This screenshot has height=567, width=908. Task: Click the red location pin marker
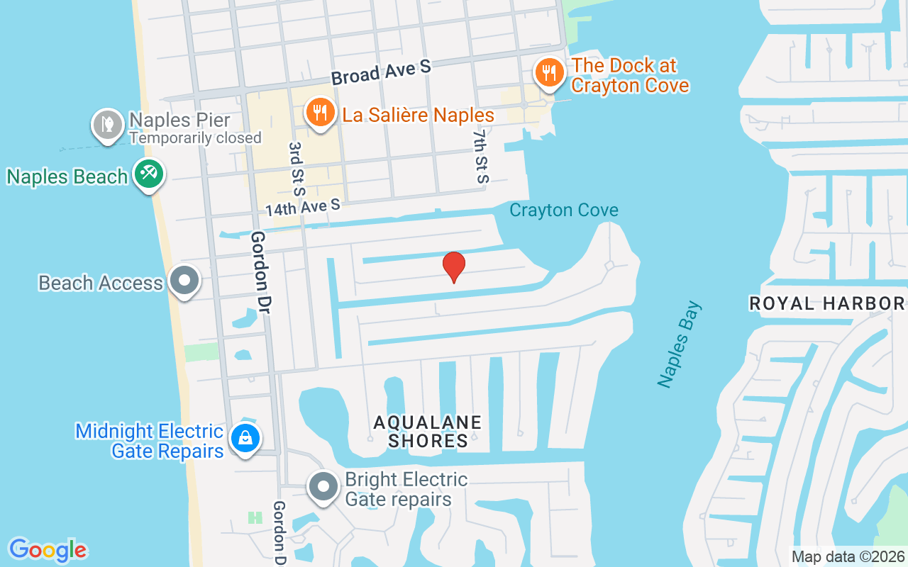coord(454,266)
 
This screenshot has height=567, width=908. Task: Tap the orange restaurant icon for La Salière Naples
coord(321,113)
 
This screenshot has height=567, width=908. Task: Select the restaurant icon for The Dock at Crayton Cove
coord(548,73)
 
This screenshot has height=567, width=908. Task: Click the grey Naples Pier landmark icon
coord(108,124)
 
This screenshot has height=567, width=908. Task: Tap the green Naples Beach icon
coord(149,174)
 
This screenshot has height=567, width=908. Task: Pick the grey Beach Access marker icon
coord(185,280)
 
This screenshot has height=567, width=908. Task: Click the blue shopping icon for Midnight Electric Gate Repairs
coord(245,438)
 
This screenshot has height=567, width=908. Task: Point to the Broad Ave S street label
coord(381,72)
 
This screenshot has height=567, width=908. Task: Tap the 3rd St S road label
coord(296,169)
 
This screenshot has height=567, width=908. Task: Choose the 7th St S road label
coord(482,156)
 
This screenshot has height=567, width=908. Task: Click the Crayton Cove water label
coord(564,210)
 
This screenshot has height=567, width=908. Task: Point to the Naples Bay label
coord(680,344)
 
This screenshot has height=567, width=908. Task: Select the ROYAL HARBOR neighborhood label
coord(827,304)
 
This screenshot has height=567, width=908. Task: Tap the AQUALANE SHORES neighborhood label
coord(428,431)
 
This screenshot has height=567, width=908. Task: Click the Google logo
coord(48,549)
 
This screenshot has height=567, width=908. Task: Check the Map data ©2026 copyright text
coord(848,556)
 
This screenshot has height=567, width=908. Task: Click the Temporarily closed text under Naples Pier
coord(195,138)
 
